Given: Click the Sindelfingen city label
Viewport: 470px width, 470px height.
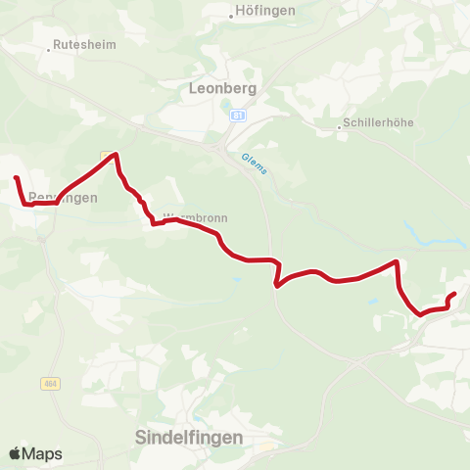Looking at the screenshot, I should (x=187, y=437).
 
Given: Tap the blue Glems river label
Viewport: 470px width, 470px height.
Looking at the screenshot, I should (x=254, y=163).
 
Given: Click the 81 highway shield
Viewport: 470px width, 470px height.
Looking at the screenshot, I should (x=238, y=116).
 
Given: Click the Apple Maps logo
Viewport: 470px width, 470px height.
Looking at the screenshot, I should (x=35, y=453).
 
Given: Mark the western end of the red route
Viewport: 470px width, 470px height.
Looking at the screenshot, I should (x=16, y=178).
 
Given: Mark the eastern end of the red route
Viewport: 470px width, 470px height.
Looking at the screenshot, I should (x=454, y=294).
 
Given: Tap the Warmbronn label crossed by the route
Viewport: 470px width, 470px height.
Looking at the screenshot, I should (x=187, y=216).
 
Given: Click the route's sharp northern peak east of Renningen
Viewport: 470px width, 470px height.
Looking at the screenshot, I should (x=117, y=154).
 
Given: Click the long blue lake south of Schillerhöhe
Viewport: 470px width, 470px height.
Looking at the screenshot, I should (x=430, y=239).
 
